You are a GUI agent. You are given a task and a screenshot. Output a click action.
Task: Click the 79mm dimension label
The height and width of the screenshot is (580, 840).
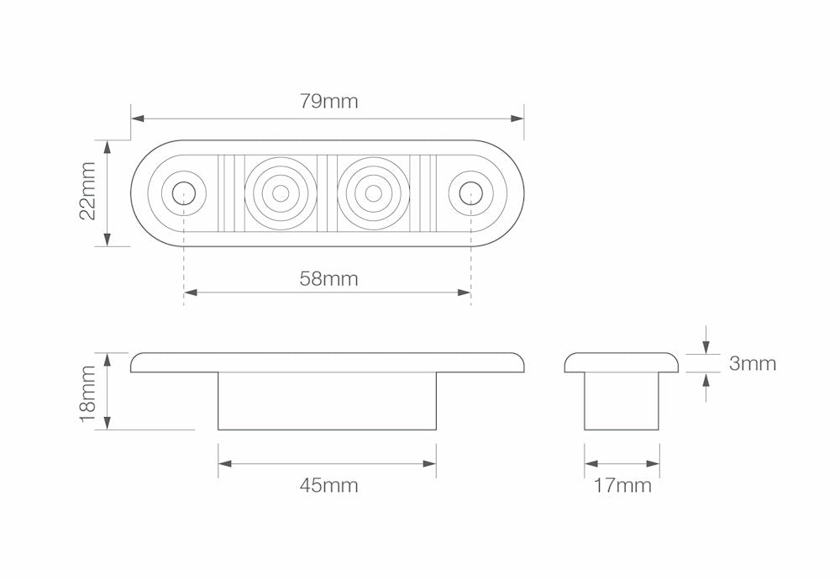(x=328, y=102)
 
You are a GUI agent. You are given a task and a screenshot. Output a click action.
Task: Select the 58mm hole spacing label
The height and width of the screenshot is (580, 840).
(x=328, y=279)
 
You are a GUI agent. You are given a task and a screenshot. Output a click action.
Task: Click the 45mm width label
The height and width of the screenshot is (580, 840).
(x=328, y=485)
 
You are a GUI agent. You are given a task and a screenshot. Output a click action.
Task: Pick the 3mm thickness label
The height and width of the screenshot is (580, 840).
(x=753, y=364)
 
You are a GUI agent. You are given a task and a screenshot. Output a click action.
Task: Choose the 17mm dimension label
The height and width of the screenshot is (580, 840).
(x=622, y=485)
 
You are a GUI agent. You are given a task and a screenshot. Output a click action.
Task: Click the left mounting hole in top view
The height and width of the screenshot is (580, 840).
(x=182, y=193)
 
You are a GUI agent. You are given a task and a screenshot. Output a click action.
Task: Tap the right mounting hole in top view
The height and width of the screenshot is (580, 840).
(x=470, y=193)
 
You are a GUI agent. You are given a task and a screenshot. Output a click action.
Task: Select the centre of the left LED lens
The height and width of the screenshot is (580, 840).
(x=281, y=193)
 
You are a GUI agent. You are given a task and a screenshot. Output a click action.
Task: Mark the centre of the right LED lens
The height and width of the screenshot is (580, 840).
(x=373, y=193)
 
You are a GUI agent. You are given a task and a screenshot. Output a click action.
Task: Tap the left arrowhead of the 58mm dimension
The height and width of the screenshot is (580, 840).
(x=188, y=293)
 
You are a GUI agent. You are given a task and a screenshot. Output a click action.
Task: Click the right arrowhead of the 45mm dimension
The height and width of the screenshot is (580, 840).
(x=432, y=463)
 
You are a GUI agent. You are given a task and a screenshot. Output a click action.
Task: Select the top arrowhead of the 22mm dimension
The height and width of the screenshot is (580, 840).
(x=108, y=145)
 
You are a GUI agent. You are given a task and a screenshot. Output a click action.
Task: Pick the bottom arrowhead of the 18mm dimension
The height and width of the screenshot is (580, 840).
(x=108, y=425)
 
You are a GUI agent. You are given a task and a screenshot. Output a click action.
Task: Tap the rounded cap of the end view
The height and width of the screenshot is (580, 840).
(x=622, y=362)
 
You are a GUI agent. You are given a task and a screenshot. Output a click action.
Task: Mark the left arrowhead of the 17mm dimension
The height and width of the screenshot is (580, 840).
(x=590, y=463)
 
